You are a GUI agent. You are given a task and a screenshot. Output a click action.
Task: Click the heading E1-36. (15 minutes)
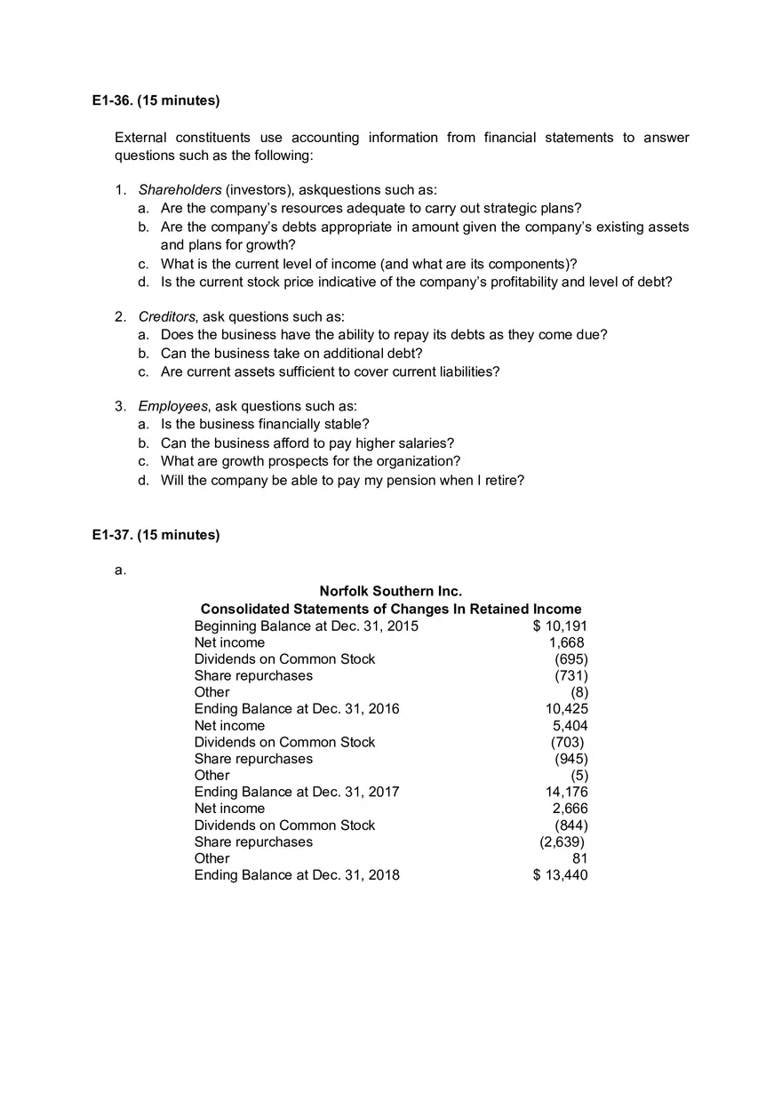click(156, 100)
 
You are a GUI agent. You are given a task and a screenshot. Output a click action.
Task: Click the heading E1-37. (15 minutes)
click(156, 535)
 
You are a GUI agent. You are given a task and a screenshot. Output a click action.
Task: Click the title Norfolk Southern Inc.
click(390, 592)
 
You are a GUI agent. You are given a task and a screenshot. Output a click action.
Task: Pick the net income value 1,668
click(566, 642)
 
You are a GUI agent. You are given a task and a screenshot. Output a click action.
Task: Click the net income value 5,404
click(570, 726)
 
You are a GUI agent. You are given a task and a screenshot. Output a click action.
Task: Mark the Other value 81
click(579, 858)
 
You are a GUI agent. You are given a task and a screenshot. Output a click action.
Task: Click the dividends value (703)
click(567, 742)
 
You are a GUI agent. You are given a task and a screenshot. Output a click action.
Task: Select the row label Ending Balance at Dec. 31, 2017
click(297, 792)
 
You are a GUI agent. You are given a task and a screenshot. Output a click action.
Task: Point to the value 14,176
click(566, 792)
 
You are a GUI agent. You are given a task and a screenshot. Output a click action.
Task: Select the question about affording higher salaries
click(307, 443)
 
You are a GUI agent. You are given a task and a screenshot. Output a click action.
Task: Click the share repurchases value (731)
click(571, 676)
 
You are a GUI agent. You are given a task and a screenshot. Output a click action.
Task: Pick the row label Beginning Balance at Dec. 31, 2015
click(306, 626)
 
